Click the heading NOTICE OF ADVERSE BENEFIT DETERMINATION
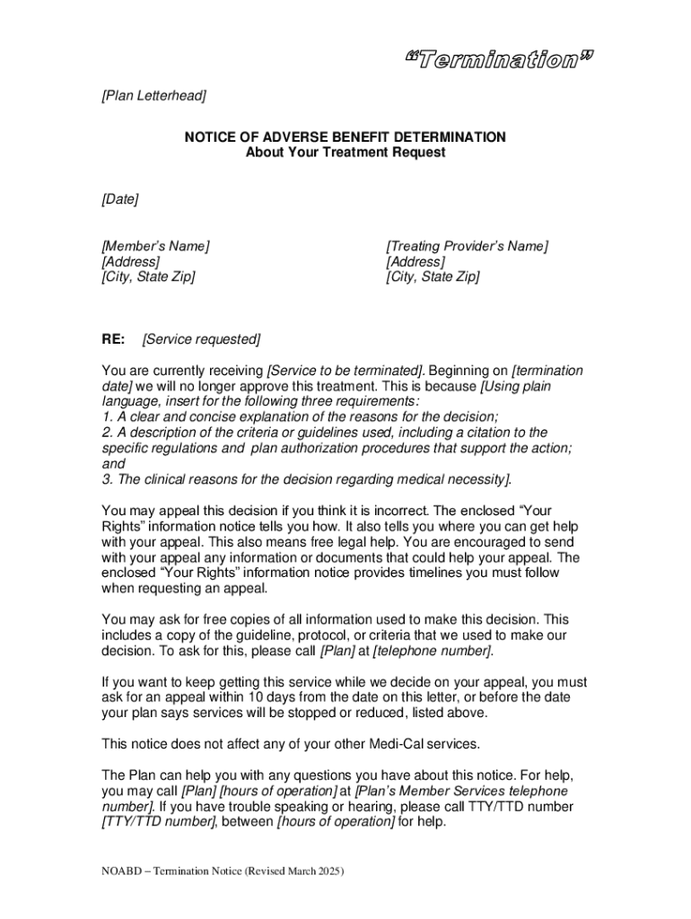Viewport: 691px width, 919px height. click(345, 137)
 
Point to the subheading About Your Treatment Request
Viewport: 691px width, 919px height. click(345, 153)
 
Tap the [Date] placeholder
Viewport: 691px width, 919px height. click(119, 199)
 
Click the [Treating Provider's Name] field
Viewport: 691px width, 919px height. click(467, 246)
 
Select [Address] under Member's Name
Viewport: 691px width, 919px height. click(131, 261)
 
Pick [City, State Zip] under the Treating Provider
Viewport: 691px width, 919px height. click(433, 276)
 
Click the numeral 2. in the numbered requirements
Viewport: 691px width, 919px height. click(107, 433)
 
